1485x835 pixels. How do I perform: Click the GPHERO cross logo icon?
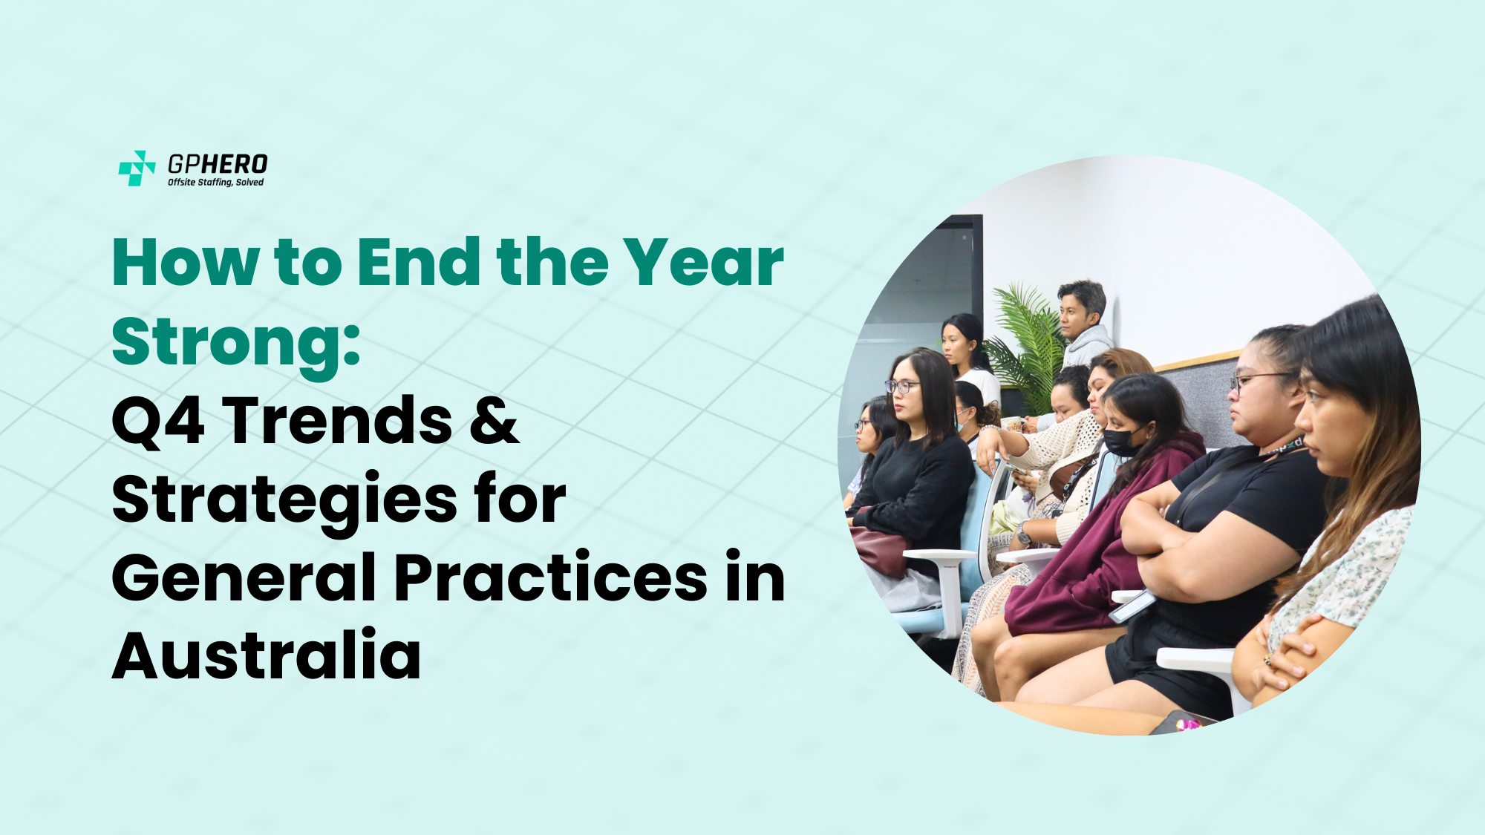(137, 168)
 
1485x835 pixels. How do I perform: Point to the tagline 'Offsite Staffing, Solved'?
(215, 183)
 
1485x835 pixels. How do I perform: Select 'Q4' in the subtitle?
(158, 420)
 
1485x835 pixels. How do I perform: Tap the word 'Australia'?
(267, 655)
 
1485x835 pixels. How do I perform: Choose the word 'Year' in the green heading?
(702, 262)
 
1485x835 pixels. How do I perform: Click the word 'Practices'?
(550, 577)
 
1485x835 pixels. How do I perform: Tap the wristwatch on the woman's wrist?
(1025, 533)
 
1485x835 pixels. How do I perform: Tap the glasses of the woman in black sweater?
(901, 386)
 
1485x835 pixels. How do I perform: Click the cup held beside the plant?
(1011, 424)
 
